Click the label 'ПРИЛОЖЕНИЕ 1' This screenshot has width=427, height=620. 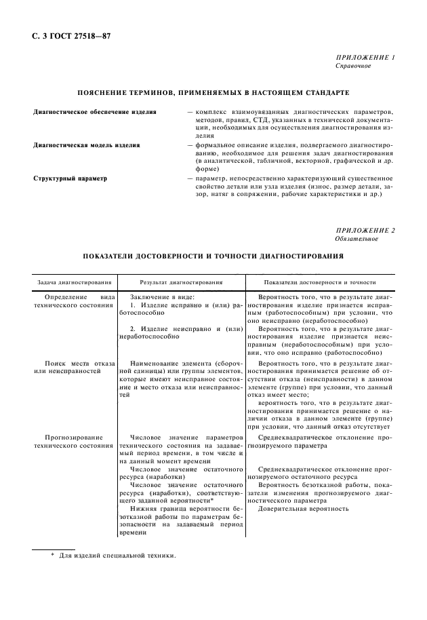coord(366,58)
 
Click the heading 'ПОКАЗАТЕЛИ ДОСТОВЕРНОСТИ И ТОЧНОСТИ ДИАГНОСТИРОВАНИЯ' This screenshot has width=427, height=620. coord(214,257)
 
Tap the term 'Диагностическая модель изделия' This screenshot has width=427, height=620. coord(78,144)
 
